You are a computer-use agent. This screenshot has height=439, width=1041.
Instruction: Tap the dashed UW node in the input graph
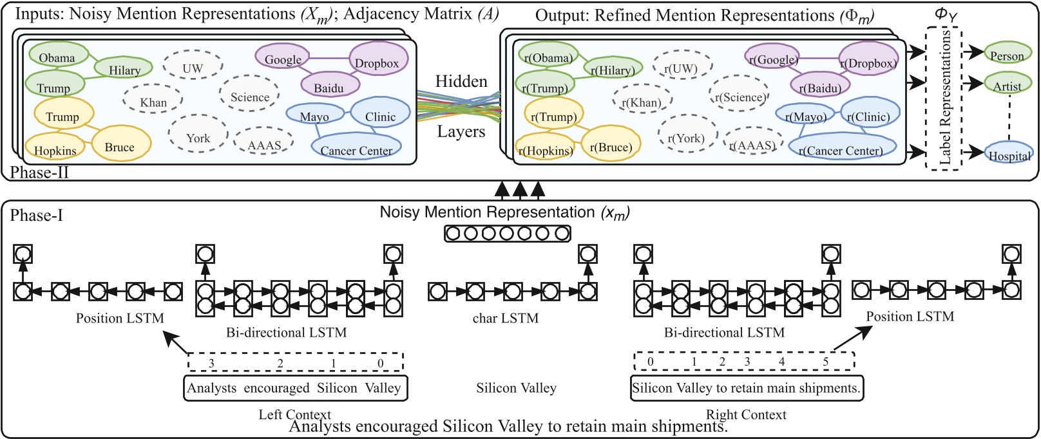tap(192, 67)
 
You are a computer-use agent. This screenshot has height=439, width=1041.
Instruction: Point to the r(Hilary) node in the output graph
tap(613, 68)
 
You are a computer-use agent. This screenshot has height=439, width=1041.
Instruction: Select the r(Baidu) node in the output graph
tap(819, 86)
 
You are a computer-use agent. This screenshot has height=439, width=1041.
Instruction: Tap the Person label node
tap(1007, 55)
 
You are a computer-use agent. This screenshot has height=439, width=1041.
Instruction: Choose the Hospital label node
tap(1009, 154)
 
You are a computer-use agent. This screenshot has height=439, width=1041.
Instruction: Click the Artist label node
tap(1007, 85)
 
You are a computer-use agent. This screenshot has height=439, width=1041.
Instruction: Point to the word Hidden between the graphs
tap(461, 81)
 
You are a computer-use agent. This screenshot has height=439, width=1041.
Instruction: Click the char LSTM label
tap(505, 318)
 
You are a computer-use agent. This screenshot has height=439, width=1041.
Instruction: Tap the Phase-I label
tap(36, 215)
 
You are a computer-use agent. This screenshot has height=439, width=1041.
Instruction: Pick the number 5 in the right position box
tap(825, 361)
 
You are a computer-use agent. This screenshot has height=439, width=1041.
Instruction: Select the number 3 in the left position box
tap(211, 363)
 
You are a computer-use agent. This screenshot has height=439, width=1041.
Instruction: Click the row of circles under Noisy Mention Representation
tap(507, 233)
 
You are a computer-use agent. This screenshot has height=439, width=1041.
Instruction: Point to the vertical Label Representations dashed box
tap(944, 98)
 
